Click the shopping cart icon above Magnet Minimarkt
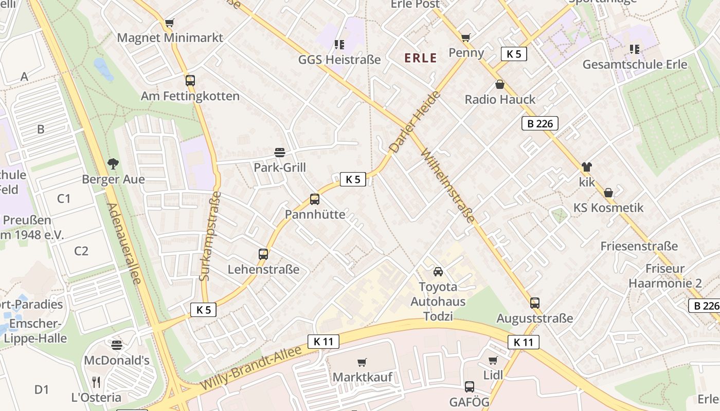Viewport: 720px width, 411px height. pos(169,23)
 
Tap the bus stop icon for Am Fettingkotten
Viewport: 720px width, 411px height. pos(190,81)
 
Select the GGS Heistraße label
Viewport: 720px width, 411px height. pos(339,60)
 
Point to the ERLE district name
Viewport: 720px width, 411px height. pos(421,58)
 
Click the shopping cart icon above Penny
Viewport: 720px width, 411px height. pos(466,38)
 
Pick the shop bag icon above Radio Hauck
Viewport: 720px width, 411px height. pos(499,84)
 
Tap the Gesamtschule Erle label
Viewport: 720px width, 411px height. pos(635,65)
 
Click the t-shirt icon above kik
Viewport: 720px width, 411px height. pos(586,167)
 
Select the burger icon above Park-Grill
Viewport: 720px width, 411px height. pos(280,153)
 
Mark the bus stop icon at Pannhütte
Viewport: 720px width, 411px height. pos(315,199)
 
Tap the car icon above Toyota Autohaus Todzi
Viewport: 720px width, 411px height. pos(438,272)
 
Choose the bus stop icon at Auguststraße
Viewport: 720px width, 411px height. pos(535,303)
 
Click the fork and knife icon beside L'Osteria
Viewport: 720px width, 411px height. pos(96,382)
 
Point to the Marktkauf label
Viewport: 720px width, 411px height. pos(363,377)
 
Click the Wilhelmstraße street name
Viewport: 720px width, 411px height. pos(448,185)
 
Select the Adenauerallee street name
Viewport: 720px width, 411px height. pos(124,244)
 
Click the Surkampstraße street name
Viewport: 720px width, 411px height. pos(210,236)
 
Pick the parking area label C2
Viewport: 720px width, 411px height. pos(81,251)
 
